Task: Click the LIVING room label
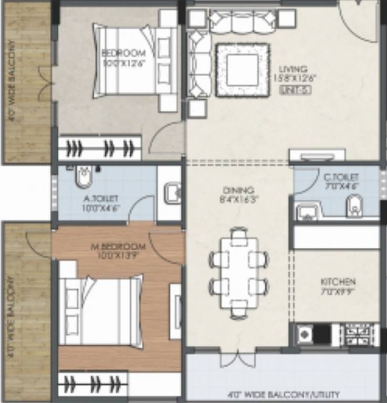tap(292, 69)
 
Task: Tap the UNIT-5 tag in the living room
tap(288, 89)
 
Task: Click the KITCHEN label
tap(338, 282)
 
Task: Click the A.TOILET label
tap(100, 198)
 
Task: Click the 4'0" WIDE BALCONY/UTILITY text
tap(284, 394)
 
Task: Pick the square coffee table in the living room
tap(242, 70)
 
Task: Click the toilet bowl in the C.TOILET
tap(354, 206)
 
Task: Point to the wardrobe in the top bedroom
tap(100, 148)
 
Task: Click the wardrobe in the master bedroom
tap(93, 384)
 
